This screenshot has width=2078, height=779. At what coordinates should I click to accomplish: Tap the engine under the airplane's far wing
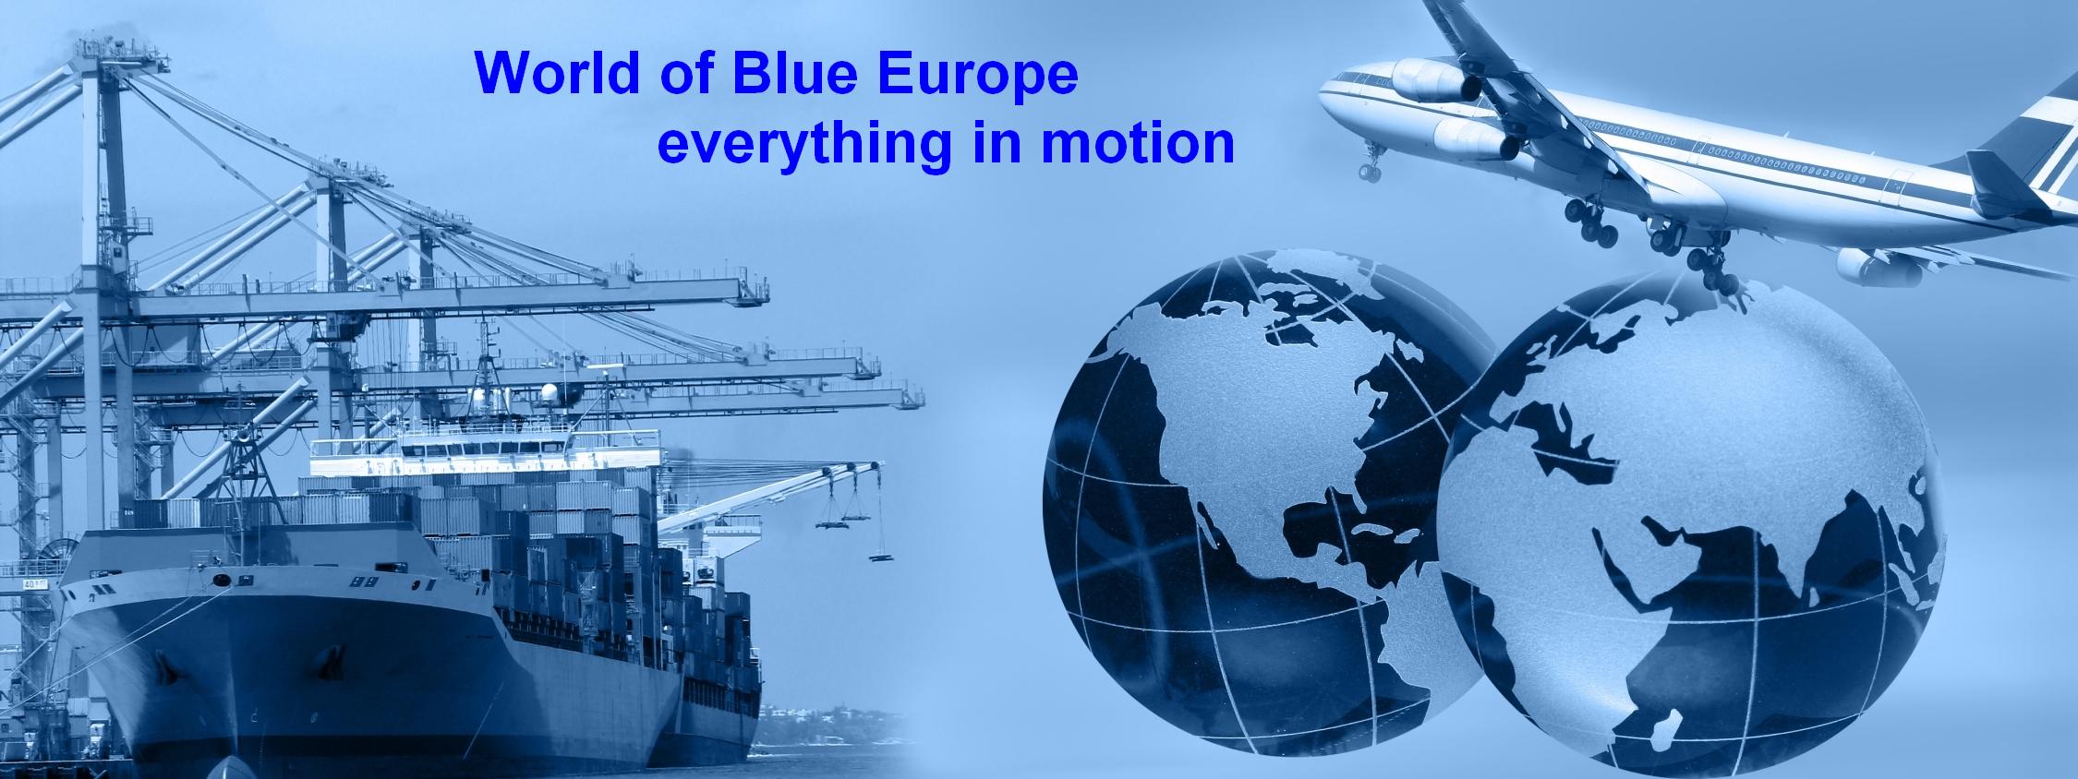(x=1875, y=266)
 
